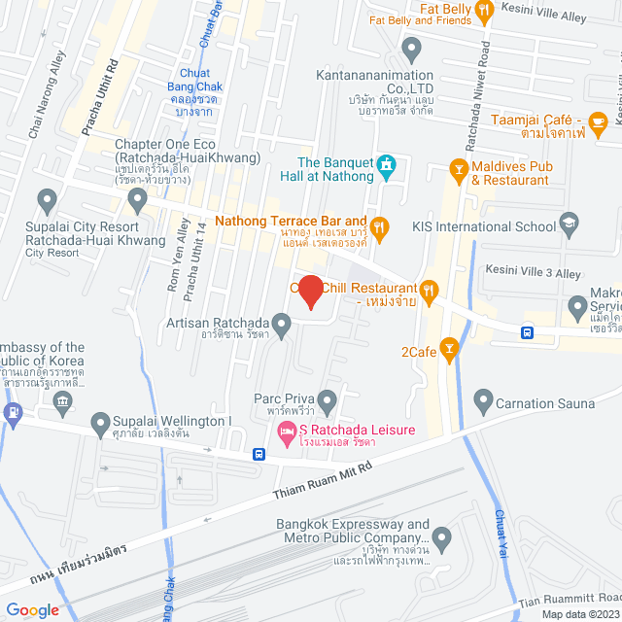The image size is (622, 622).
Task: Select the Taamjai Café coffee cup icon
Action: point(598,121)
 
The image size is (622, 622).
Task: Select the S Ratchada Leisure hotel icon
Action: point(287,431)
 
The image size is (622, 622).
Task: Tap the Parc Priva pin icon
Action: point(328,398)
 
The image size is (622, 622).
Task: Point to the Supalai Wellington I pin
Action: point(100,421)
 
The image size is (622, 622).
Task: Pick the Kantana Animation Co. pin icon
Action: point(411,47)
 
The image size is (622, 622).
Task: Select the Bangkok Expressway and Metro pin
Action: point(442,536)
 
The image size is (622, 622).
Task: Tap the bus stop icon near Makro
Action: point(527,331)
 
